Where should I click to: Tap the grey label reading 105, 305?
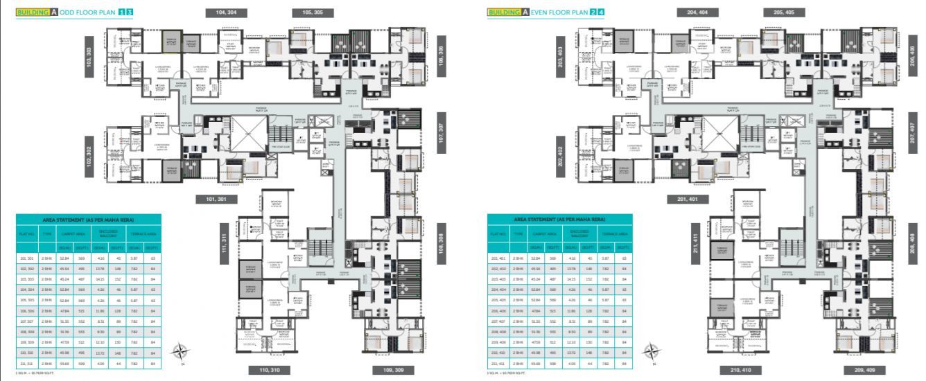point(308,12)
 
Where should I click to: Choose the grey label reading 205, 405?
point(779,12)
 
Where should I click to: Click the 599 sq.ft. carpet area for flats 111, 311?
point(81,362)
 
